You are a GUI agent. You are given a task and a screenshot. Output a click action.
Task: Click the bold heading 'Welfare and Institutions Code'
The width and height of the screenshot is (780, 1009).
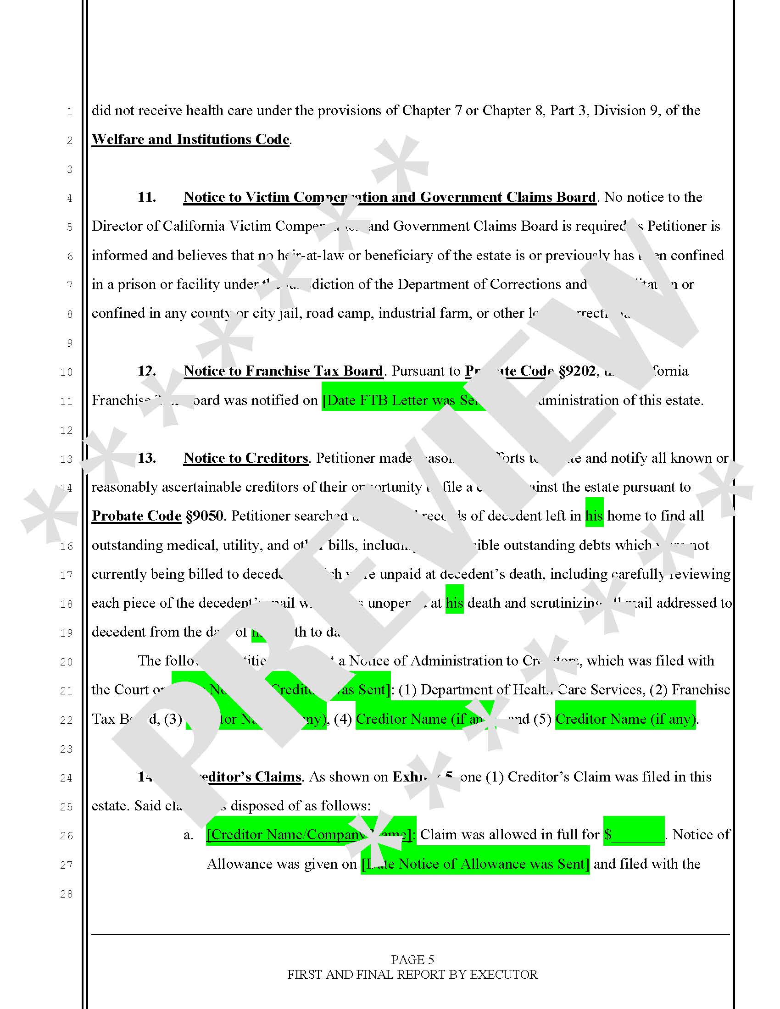(x=190, y=139)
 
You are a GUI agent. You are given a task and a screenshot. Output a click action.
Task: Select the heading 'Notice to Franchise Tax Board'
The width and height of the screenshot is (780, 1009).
(x=283, y=371)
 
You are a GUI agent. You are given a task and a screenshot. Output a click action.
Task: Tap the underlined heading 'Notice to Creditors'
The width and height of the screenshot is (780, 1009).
(x=245, y=458)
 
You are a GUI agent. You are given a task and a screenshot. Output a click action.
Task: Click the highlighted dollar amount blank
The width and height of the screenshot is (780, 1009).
(x=634, y=835)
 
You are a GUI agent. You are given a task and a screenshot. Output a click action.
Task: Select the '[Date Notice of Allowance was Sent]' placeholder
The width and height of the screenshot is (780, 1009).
(x=475, y=864)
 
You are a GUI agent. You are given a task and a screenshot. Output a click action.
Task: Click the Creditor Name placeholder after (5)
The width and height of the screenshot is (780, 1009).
(x=625, y=719)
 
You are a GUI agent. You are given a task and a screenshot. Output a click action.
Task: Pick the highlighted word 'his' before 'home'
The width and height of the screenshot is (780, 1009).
(x=594, y=516)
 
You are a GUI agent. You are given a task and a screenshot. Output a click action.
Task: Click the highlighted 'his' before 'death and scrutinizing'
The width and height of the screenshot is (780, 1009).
(x=454, y=603)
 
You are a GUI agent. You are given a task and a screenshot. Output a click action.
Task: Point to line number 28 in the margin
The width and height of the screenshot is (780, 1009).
(x=67, y=894)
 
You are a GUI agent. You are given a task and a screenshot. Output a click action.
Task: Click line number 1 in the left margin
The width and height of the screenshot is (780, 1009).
(x=69, y=112)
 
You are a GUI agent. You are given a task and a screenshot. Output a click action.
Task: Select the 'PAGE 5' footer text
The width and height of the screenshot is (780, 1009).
(x=412, y=959)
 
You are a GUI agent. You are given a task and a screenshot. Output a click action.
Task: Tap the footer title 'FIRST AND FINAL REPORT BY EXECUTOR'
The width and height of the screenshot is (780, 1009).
(x=412, y=974)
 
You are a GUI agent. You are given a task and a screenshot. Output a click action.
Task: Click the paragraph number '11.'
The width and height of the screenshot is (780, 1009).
(x=146, y=197)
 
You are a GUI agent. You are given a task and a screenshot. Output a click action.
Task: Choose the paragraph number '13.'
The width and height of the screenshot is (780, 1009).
(x=146, y=458)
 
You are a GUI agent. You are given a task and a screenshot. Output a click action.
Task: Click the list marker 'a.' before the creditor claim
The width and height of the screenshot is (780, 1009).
(x=188, y=835)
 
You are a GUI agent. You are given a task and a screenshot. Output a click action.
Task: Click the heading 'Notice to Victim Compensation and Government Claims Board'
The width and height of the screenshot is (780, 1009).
(x=390, y=197)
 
